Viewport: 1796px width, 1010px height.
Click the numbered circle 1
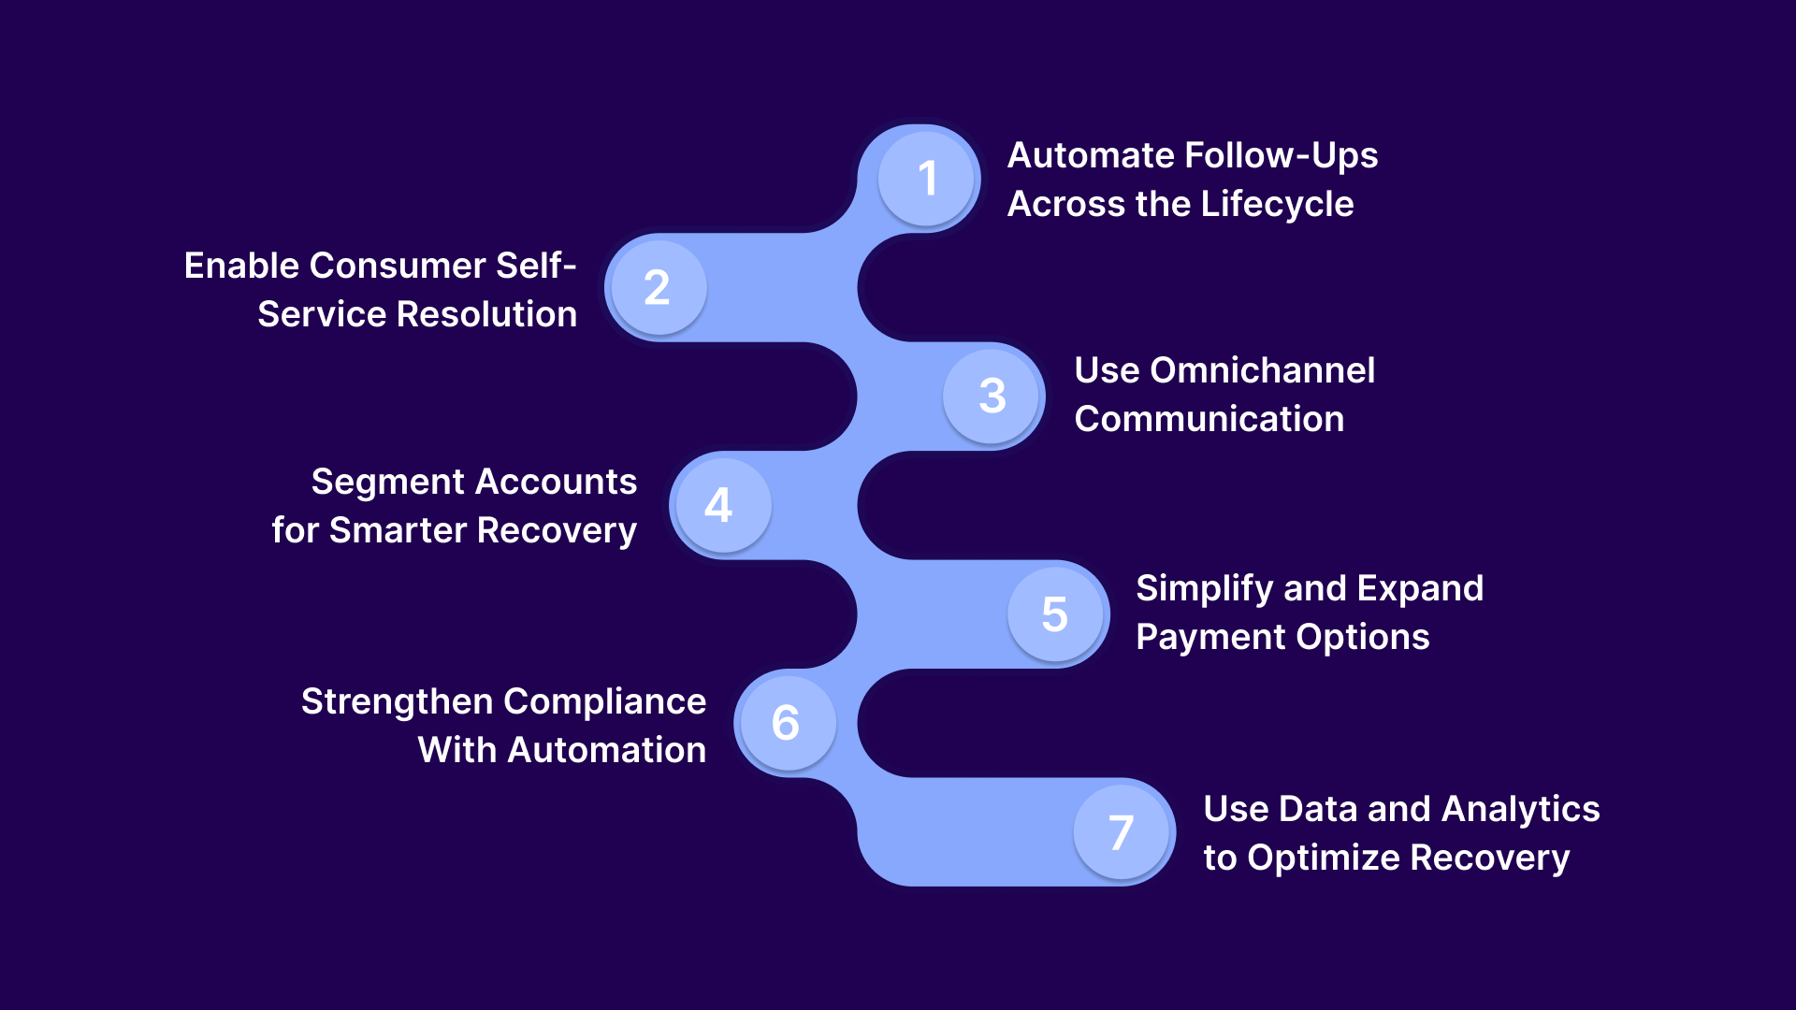click(926, 178)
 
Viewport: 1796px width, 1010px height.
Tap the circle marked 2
click(658, 287)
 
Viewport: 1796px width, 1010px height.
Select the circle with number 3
click(992, 396)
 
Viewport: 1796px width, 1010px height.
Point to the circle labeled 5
click(1055, 613)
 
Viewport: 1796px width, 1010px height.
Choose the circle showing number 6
click(787, 723)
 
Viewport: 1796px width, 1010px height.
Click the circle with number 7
click(1121, 831)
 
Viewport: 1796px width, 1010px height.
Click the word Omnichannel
click(1262, 370)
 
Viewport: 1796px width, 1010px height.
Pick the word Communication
click(1209, 419)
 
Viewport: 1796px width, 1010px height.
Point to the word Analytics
click(1520, 809)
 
